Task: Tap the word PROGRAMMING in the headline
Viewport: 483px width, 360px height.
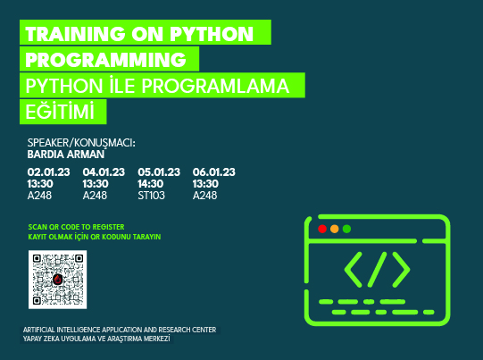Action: tap(107, 60)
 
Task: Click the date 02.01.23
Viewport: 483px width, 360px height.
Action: tap(49, 171)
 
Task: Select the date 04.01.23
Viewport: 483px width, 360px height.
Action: tap(104, 171)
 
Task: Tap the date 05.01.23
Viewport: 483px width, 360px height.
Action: tap(159, 171)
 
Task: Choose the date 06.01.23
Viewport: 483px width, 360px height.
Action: tap(213, 171)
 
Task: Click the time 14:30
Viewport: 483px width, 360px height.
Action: tap(152, 182)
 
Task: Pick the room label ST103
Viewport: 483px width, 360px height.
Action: tap(152, 194)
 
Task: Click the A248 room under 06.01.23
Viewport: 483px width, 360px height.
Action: tap(205, 194)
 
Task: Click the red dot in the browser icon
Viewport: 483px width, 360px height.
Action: tap(322, 230)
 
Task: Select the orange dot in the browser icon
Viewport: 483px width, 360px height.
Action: tap(335, 230)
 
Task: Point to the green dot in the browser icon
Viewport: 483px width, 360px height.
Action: tap(346, 230)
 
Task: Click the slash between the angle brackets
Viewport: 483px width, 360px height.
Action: tap(378, 268)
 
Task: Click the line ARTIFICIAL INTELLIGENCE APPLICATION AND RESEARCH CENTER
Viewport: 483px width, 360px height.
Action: tap(120, 331)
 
